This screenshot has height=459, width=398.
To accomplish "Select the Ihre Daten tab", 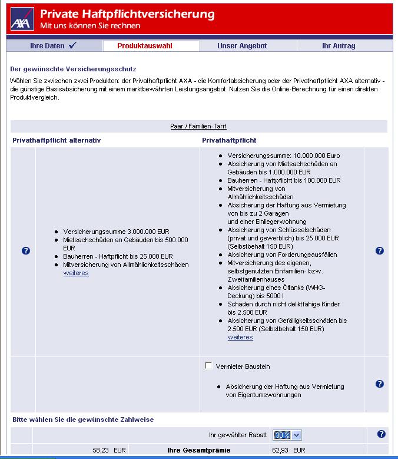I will [x=53, y=45].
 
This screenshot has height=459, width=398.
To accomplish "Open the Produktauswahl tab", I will [x=145, y=45].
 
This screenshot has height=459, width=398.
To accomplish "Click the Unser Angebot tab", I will [x=242, y=45].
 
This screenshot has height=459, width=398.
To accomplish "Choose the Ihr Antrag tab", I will [x=339, y=45].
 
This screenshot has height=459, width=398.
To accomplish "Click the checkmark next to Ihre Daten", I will [x=72, y=45].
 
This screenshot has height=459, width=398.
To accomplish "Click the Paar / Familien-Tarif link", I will [x=198, y=126].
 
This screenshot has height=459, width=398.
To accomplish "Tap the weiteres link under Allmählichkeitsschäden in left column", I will [x=76, y=273].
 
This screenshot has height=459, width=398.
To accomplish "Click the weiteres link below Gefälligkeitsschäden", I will [x=240, y=337].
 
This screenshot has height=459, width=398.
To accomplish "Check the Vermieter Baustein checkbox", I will [x=208, y=366].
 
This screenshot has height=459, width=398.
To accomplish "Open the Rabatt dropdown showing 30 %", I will [x=287, y=435].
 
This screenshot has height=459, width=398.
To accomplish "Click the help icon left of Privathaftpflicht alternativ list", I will [x=26, y=251].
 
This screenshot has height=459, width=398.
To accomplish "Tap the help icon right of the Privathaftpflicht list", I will [x=379, y=251].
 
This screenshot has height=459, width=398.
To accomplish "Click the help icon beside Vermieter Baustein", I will [x=379, y=384].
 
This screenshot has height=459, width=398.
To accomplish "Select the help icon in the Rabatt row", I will [x=381, y=434].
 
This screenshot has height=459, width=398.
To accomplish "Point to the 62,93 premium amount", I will [x=281, y=450].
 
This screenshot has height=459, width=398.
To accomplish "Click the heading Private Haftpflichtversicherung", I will [x=127, y=14].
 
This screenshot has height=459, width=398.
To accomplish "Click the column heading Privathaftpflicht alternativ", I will [x=57, y=141].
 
